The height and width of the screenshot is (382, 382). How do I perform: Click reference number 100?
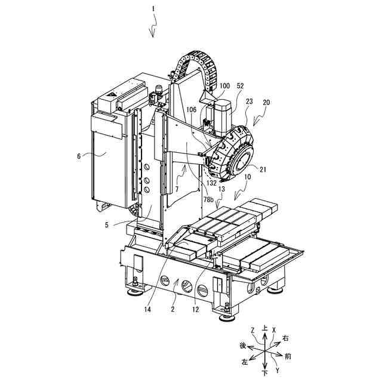tap(224, 86)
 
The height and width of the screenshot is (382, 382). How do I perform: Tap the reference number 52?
tap(240, 86)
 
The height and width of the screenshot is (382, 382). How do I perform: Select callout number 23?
tap(249, 101)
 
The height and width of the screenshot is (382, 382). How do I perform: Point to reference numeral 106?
tap(191, 110)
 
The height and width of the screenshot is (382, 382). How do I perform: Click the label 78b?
tap(208, 200)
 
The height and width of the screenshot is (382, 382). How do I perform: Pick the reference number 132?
tap(211, 183)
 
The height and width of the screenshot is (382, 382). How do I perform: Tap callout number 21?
tap(263, 169)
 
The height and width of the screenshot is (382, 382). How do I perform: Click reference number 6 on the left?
tap(79, 156)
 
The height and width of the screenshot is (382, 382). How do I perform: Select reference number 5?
tap(106, 225)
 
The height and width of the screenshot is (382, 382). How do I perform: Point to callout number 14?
tap(147, 309)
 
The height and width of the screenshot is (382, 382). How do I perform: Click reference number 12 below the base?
tap(196, 309)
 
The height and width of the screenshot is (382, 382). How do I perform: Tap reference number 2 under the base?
tap(172, 309)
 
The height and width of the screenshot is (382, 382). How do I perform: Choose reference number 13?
tap(221, 189)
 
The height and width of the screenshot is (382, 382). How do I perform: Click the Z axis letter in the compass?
tap(252, 330)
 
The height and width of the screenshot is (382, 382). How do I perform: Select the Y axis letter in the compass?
tap(277, 371)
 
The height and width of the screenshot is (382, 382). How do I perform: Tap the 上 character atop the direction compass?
tap(264, 328)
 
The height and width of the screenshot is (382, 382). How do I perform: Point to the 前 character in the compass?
tap(288, 357)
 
